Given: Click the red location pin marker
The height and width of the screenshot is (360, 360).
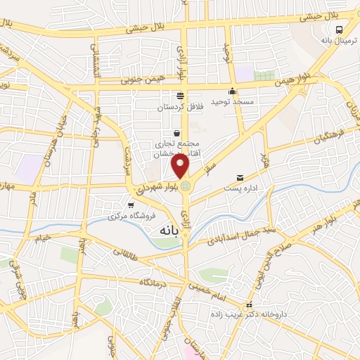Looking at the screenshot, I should [x=181, y=165].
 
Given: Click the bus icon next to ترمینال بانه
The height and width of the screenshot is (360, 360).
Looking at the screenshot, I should [x=340, y=30].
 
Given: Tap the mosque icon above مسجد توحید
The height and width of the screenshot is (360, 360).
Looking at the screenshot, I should [x=233, y=91].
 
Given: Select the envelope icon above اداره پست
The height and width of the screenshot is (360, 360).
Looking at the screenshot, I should [x=241, y=177].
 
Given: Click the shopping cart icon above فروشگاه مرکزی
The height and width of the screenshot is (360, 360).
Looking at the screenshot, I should [x=131, y=205].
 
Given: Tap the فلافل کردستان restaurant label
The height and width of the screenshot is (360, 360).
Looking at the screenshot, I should [x=179, y=106].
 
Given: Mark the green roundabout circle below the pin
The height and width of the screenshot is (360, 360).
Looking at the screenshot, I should [x=186, y=186].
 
